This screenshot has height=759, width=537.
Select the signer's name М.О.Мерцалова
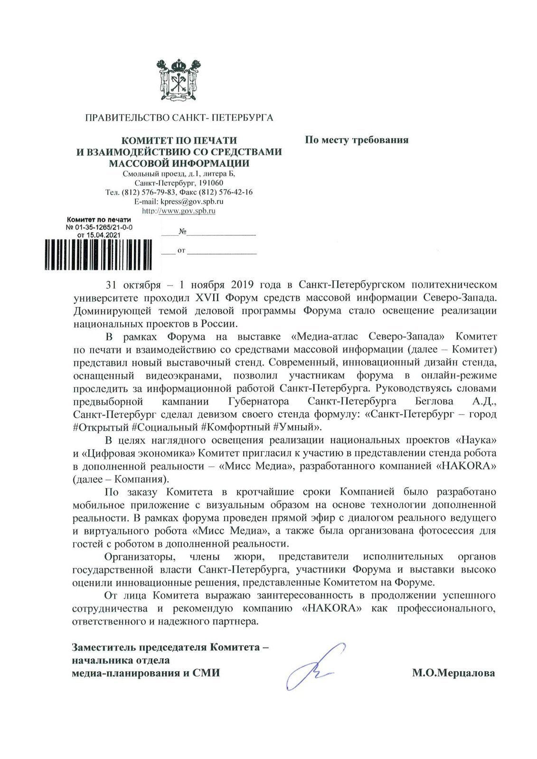click(453, 673)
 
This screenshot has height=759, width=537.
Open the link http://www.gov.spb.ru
click(179, 211)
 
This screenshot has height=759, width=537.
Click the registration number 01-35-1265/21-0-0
click(103, 227)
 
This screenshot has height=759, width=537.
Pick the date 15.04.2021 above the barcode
click(105, 234)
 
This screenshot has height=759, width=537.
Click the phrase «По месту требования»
click(356, 140)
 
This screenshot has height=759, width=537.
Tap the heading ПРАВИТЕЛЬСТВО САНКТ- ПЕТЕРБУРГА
click(179, 117)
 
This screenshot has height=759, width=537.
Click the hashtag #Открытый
click(101, 427)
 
